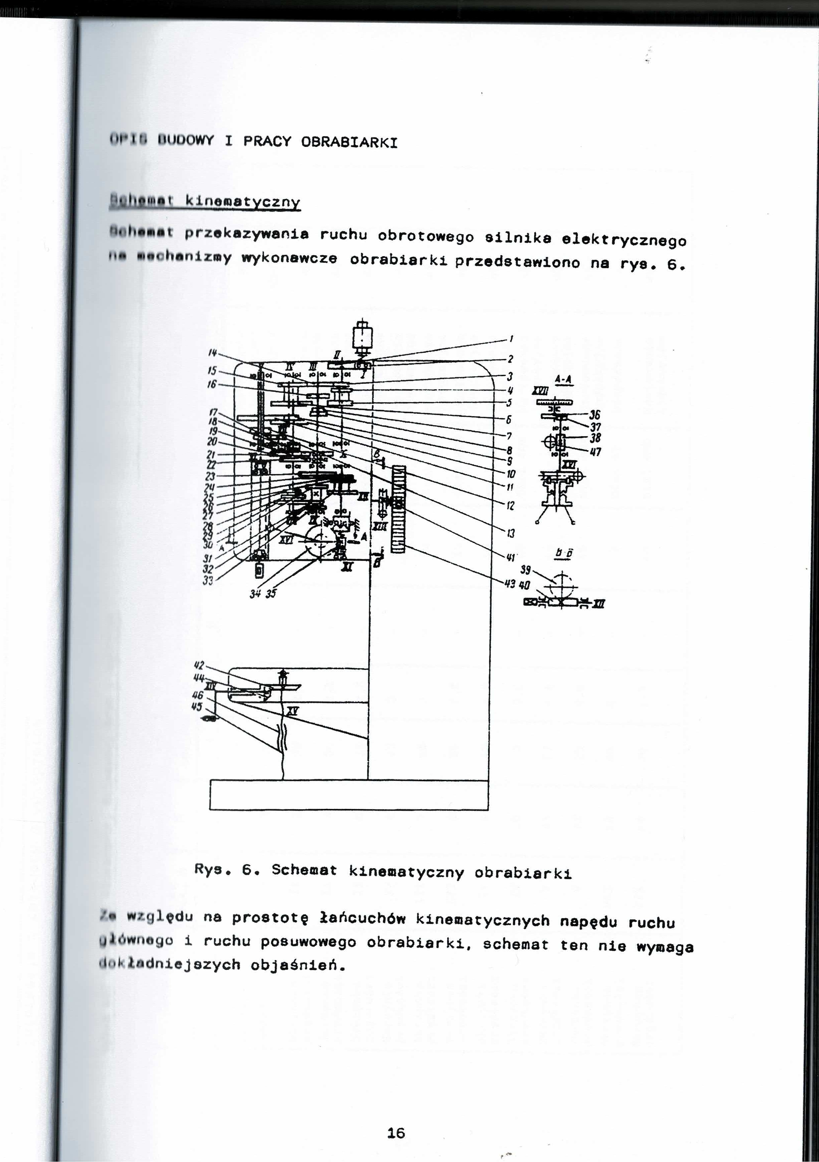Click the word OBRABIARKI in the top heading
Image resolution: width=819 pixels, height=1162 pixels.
pos(349,142)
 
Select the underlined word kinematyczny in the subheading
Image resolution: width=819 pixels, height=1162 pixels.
pos(243,202)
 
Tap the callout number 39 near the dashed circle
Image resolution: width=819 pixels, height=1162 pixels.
pos(526,570)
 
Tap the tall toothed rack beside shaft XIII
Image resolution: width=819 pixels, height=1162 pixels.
pos(399,509)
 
